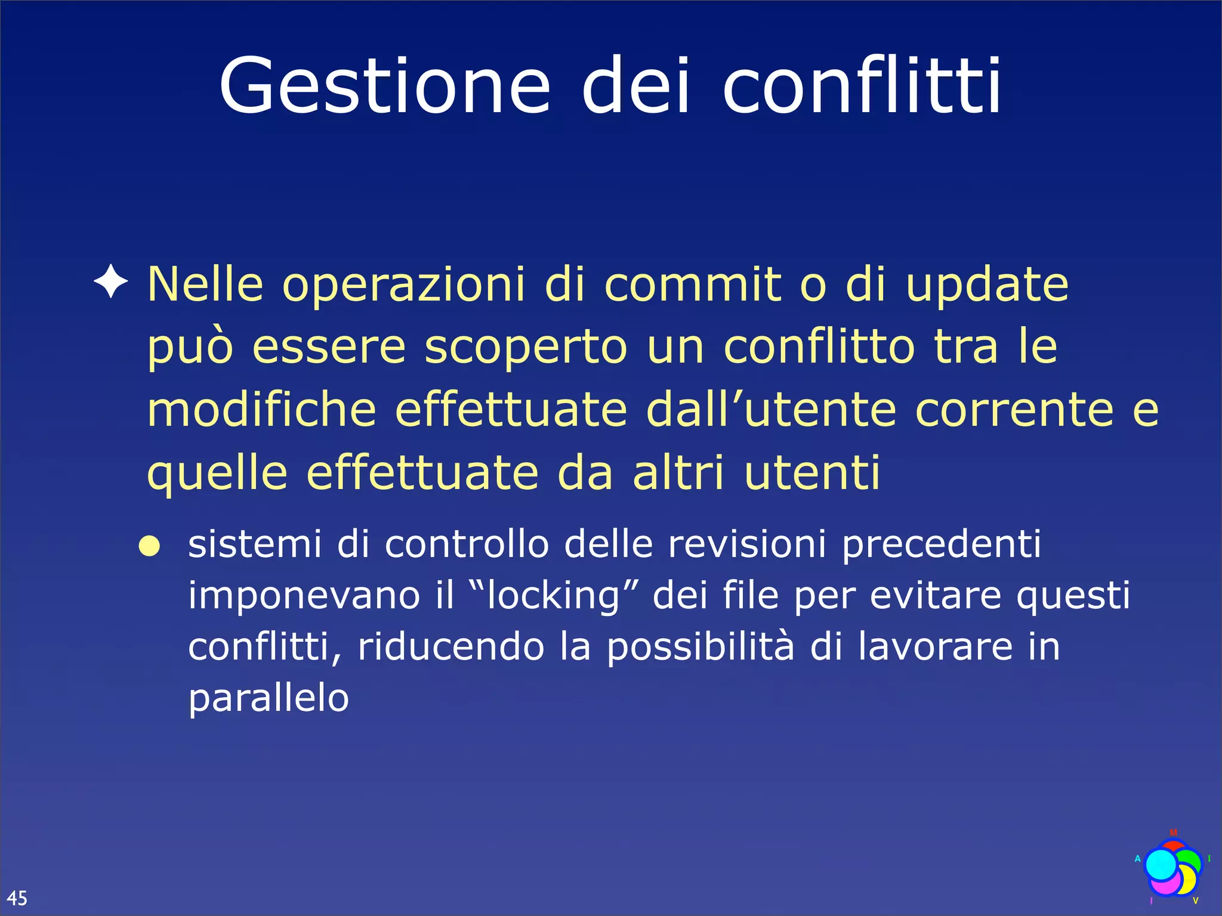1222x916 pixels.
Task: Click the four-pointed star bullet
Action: (111, 281)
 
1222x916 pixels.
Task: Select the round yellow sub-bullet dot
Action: (149, 546)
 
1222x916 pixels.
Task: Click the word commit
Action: (692, 284)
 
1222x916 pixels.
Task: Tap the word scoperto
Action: (526, 349)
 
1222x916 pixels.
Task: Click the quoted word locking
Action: (553, 596)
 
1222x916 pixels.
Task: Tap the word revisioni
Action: (746, 544)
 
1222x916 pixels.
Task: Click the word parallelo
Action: (269, 700)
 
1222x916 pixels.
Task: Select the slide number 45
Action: (17, 898)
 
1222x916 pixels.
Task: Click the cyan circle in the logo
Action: (1161, 865)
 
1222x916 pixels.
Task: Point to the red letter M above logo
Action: (1173, 833)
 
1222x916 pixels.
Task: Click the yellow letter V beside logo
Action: (1195, 900)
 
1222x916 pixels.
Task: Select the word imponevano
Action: (304, 596)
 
